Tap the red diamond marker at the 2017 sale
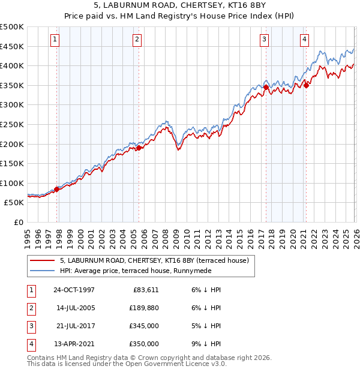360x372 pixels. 266,87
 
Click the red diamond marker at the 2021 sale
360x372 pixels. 306,85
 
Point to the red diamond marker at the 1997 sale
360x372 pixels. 57,190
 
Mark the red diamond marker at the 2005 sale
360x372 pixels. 139,148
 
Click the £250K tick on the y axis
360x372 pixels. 12,124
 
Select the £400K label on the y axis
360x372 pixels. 12,66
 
